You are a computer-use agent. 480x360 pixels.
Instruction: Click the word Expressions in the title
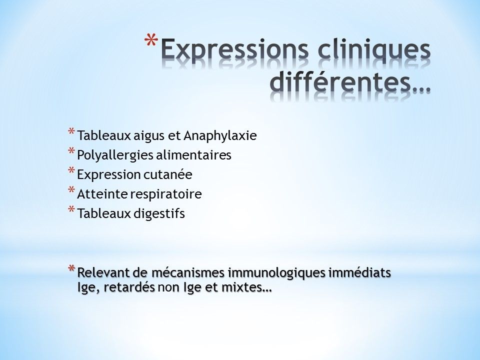(x=234, y=49)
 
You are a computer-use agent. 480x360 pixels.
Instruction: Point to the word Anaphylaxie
(x=220, y=135)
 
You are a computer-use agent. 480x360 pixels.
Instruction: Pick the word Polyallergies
(x=115, y=155)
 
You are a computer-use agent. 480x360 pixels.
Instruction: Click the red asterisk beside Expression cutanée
(x=71, y=170)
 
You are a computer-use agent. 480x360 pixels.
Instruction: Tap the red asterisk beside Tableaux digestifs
(x=71, y=209)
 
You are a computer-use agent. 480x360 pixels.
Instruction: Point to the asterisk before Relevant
(x=71, y=268)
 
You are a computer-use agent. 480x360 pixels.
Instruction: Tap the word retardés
(x=129, y=288)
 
